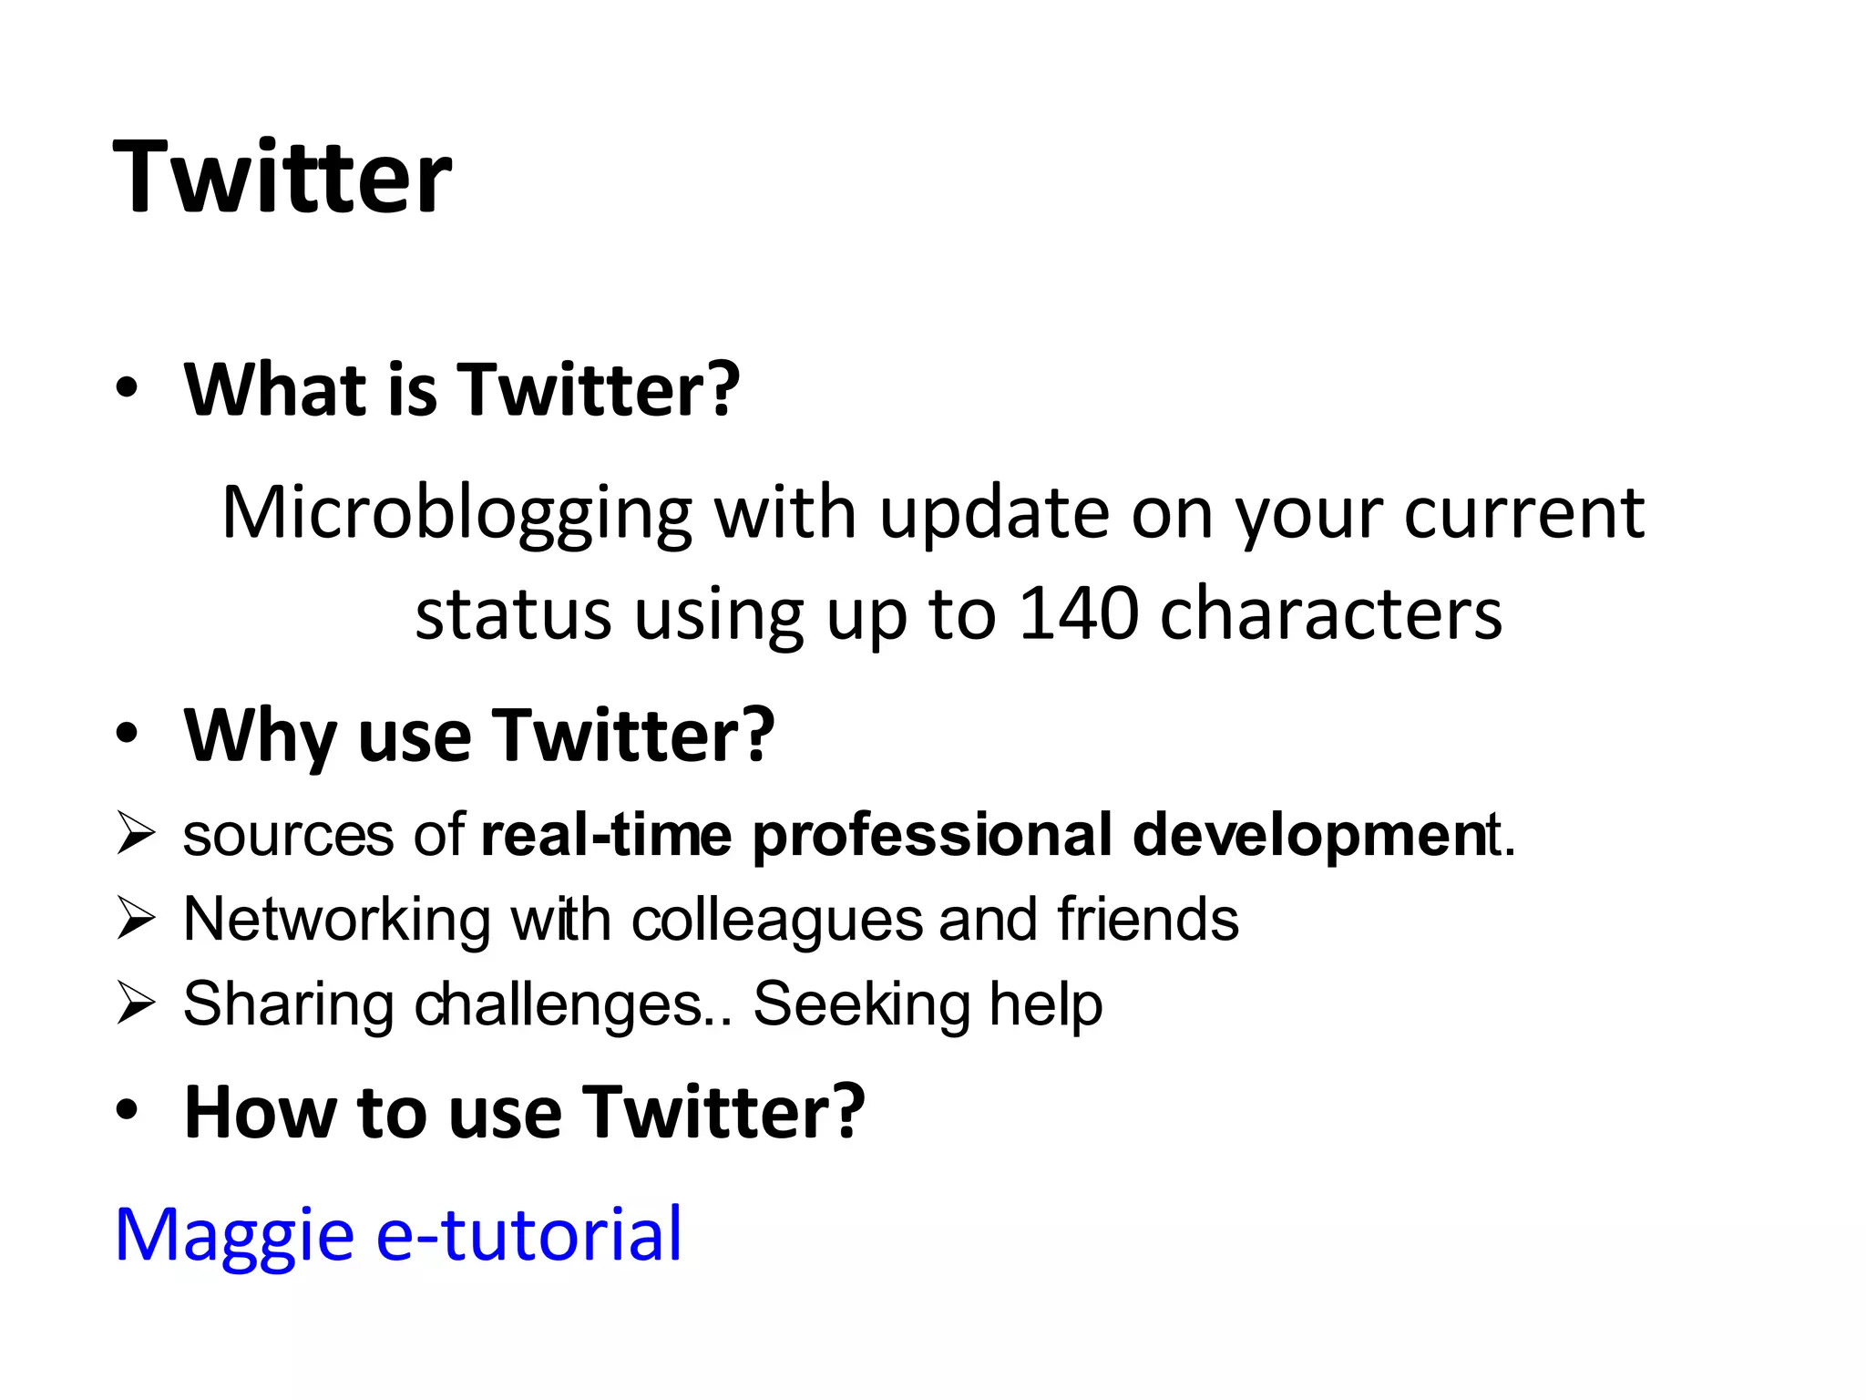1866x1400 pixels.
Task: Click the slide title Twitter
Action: (x=282, y=177)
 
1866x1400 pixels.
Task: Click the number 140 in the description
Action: (x=1078, y=612)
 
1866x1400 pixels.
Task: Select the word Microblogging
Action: (x=456, y=514)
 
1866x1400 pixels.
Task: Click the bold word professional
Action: (x=931, y=835)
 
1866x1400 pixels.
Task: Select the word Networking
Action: (x=336, y=919)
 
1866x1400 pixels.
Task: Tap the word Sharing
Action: (x=288, y=1004)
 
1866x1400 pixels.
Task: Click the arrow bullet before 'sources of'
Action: (x=136, y=835)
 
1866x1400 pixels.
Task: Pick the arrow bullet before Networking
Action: (x=136, y=919)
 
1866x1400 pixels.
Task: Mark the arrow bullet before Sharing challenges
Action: (x=136, y=1004)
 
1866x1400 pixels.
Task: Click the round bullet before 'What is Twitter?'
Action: (x=128, y=390)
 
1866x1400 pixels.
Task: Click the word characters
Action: (x=1331, y=612)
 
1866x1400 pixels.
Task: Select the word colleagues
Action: (x=777, y=919)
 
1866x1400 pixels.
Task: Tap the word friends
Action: (x=1147, y=919)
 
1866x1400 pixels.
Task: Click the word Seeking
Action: (x=861, y=1004)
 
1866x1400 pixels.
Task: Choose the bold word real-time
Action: (x=606, y=835)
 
